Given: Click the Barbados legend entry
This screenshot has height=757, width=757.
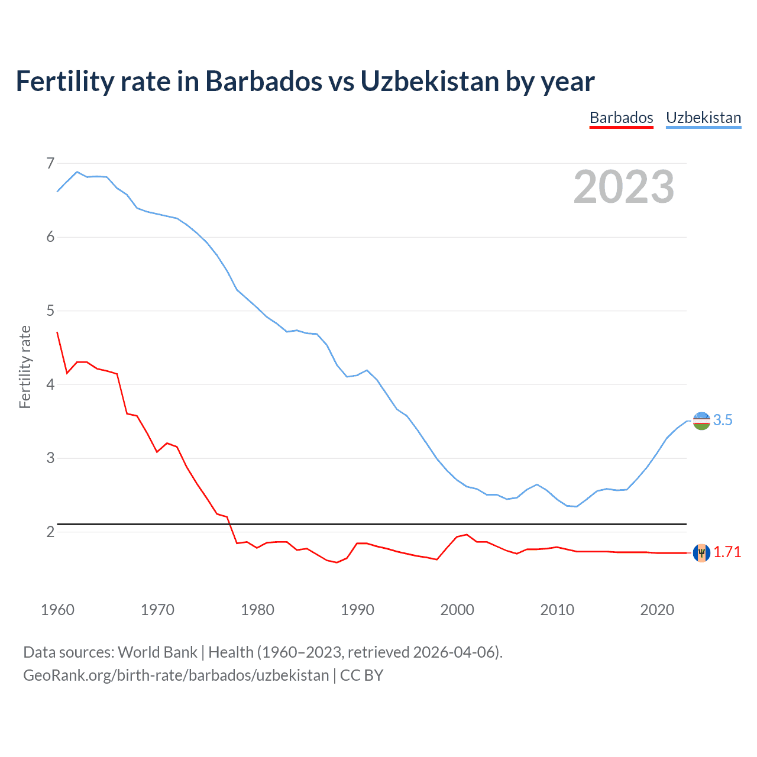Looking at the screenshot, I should (x=621, y=118).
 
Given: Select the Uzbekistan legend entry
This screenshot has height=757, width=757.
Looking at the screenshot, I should (x=703, y=118).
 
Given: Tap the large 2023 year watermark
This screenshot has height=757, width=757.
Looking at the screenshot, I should (x=623, y=187).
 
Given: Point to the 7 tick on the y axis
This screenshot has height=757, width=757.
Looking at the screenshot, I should (x=50, y=163).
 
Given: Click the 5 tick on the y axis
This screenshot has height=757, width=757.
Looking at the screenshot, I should (x=50, y=310).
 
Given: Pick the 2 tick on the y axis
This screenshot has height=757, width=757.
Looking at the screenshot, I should (x=50, y=532).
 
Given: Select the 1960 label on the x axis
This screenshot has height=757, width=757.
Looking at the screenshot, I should (x=57, y=610).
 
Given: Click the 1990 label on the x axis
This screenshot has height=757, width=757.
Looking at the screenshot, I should (x=357, y=610).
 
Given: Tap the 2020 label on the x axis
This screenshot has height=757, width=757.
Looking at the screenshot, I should (x=657, y=610).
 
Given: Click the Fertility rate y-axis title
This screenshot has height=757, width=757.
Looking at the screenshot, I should (x=25, y=367).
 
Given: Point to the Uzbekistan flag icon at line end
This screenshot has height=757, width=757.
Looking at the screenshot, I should (x=701, y=420).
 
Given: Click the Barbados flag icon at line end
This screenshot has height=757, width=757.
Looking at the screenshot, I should (x=701, y=552).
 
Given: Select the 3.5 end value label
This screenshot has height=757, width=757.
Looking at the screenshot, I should (x=723, y=420).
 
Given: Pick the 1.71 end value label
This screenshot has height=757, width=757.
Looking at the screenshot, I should (x=727, y=552).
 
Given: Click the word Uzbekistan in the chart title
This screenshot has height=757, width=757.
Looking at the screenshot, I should (x=429, y=81).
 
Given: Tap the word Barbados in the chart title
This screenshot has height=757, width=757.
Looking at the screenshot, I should (x=263, y=81).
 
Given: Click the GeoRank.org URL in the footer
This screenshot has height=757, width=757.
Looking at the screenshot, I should (x=176, y=675).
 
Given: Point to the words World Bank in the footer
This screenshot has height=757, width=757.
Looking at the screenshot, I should (x=157, y=652).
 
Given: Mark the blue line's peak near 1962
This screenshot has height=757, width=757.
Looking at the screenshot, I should (x=77, y=172).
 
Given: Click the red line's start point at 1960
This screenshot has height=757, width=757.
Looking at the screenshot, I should (x=57, y=332).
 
